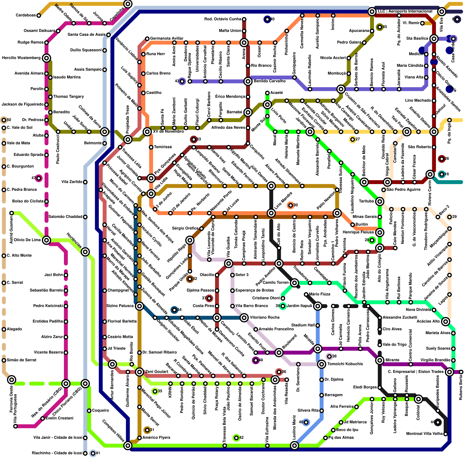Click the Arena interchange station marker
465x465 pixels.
[x=244, y=43]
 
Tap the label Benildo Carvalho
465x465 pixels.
[x=269, y=81]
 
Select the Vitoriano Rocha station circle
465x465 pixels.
[x=244, y=318]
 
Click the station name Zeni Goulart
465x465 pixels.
[x=157, y=372]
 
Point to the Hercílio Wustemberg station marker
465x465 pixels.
[x=46, y=58]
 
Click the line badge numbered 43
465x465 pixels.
[x=182, y=81]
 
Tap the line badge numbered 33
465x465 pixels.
[x=194, y=139]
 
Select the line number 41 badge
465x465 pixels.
[x=93, y=453]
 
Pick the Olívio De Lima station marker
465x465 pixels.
[x=46, y=240]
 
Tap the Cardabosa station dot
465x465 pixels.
[x=39, y=15]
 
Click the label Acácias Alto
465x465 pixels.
[x=428, y=321]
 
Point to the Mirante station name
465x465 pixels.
[x=392, y=360]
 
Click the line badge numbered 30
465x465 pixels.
[x=290, y=205]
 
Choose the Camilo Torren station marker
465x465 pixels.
[x=294, y=282]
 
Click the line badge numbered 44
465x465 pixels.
[x=438, y=422]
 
